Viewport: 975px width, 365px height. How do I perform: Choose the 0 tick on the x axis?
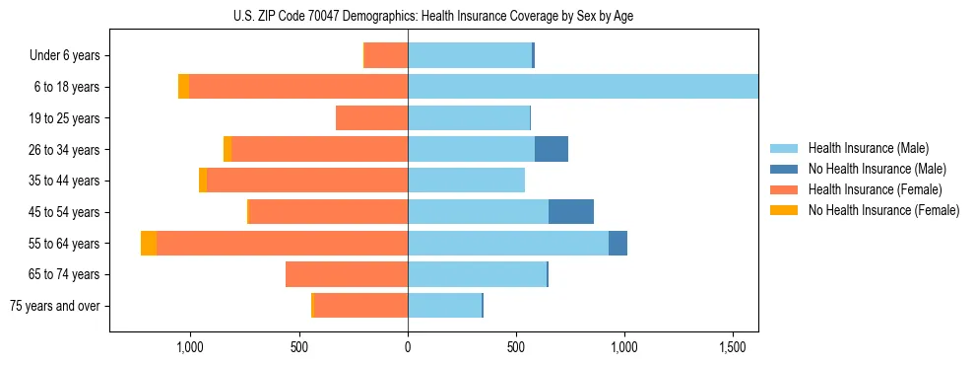coord(408,347)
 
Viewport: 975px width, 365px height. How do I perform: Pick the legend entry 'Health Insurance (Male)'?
coord(868,148)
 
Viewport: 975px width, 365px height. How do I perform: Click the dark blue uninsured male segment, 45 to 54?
coord(571,211)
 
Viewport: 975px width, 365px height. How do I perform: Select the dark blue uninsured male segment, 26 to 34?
coord(552,149)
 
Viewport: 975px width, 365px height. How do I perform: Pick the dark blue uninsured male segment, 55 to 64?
coord(617,243)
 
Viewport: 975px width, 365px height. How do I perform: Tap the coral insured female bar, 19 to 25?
coord(371,118)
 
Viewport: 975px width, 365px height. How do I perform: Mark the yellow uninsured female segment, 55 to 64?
coord(149,243)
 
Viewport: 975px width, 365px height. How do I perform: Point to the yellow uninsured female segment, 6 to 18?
coord(183,87)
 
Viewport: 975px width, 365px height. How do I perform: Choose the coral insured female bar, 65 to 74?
coord(347,274)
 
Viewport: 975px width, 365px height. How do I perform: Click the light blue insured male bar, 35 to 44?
coord(466,181)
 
